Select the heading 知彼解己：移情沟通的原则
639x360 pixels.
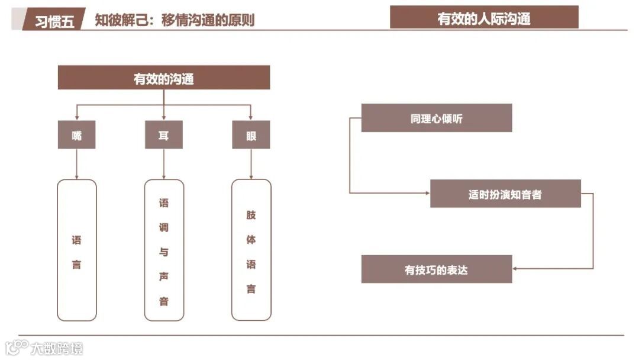(175, 20)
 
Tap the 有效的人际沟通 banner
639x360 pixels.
(484, 18)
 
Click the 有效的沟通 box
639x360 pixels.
(164, 78)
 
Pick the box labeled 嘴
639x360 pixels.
(76, 135)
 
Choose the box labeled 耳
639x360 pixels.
(164, 135)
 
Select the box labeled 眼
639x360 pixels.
(251, 135)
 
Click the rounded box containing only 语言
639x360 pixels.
(77, 250)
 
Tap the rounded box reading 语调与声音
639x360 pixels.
(164, 250)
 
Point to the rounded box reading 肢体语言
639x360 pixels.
(251, 250)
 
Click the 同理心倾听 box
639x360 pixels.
(437, 118)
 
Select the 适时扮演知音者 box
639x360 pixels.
(505, 194)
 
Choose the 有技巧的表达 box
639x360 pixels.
(437, 269)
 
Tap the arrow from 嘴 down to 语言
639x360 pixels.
(77, 164)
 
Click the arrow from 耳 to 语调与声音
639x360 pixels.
(164, 164)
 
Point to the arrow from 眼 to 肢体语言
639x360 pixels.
(251, 164)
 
